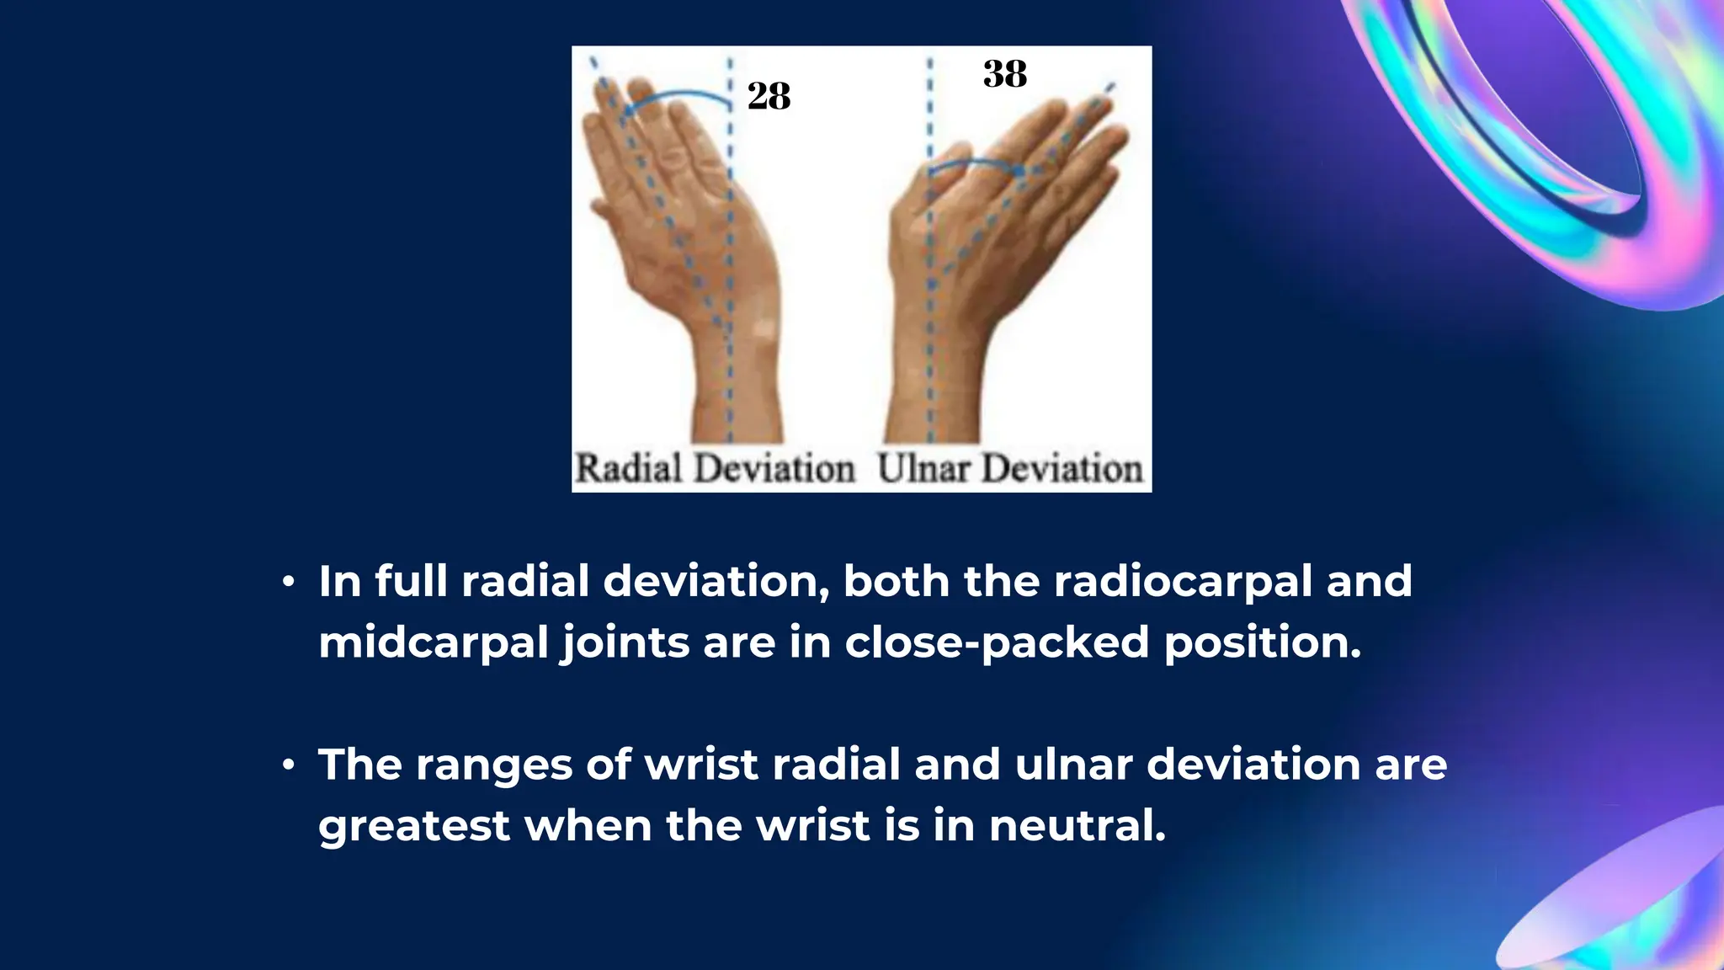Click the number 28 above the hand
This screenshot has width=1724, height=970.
point(769,96)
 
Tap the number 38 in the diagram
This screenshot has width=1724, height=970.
point(1005,74)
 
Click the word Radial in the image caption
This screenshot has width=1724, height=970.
point(630,468)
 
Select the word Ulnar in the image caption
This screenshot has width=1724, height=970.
point(923,468)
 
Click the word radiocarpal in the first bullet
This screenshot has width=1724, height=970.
point(1183,581)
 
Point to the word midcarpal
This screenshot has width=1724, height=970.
point(433,642)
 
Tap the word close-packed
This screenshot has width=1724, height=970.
point(997,642)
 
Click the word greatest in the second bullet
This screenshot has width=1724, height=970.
point(413,826)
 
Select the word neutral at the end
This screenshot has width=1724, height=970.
point(1077,825)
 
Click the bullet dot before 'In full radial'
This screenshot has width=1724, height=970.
point(289,582)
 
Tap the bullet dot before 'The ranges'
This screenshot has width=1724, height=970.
point(289,765)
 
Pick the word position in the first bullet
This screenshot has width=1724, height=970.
point(1262,642)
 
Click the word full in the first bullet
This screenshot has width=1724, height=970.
point(411,581)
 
